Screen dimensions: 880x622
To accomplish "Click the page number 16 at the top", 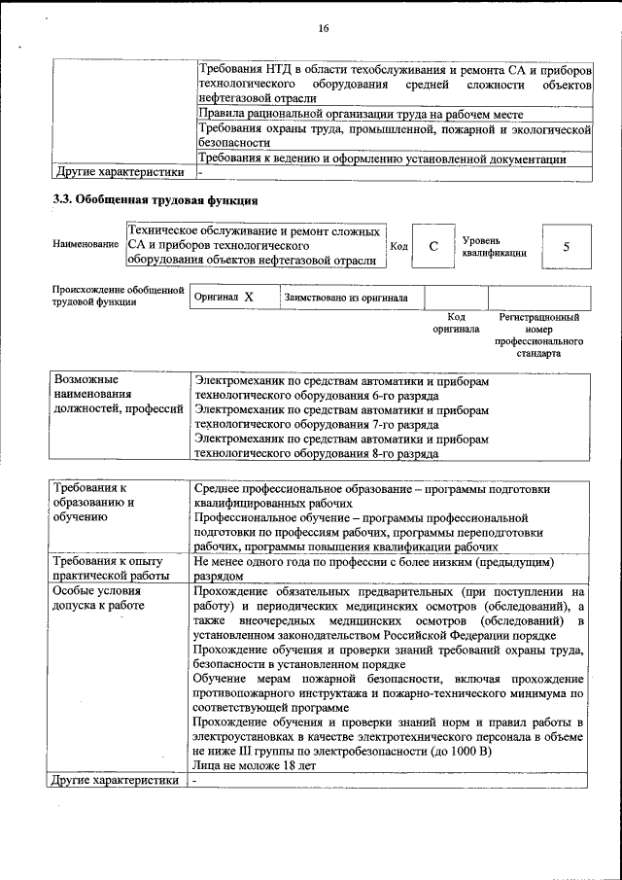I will pos(324,29).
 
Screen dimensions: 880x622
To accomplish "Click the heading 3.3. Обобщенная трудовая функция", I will pos(155,201).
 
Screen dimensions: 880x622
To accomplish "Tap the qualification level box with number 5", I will pos(566,246).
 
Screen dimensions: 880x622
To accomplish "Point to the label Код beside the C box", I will pos(398,247).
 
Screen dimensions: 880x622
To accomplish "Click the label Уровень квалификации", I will pos(494,246).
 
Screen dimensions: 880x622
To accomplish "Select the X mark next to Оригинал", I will pos(249,298).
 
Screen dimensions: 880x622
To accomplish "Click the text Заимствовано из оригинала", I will pos(346,298).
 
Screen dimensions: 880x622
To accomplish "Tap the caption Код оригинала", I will pos(456,323).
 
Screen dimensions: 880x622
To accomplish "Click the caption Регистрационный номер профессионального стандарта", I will pos(538,335).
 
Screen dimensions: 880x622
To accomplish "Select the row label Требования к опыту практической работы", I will pos(117,569).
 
